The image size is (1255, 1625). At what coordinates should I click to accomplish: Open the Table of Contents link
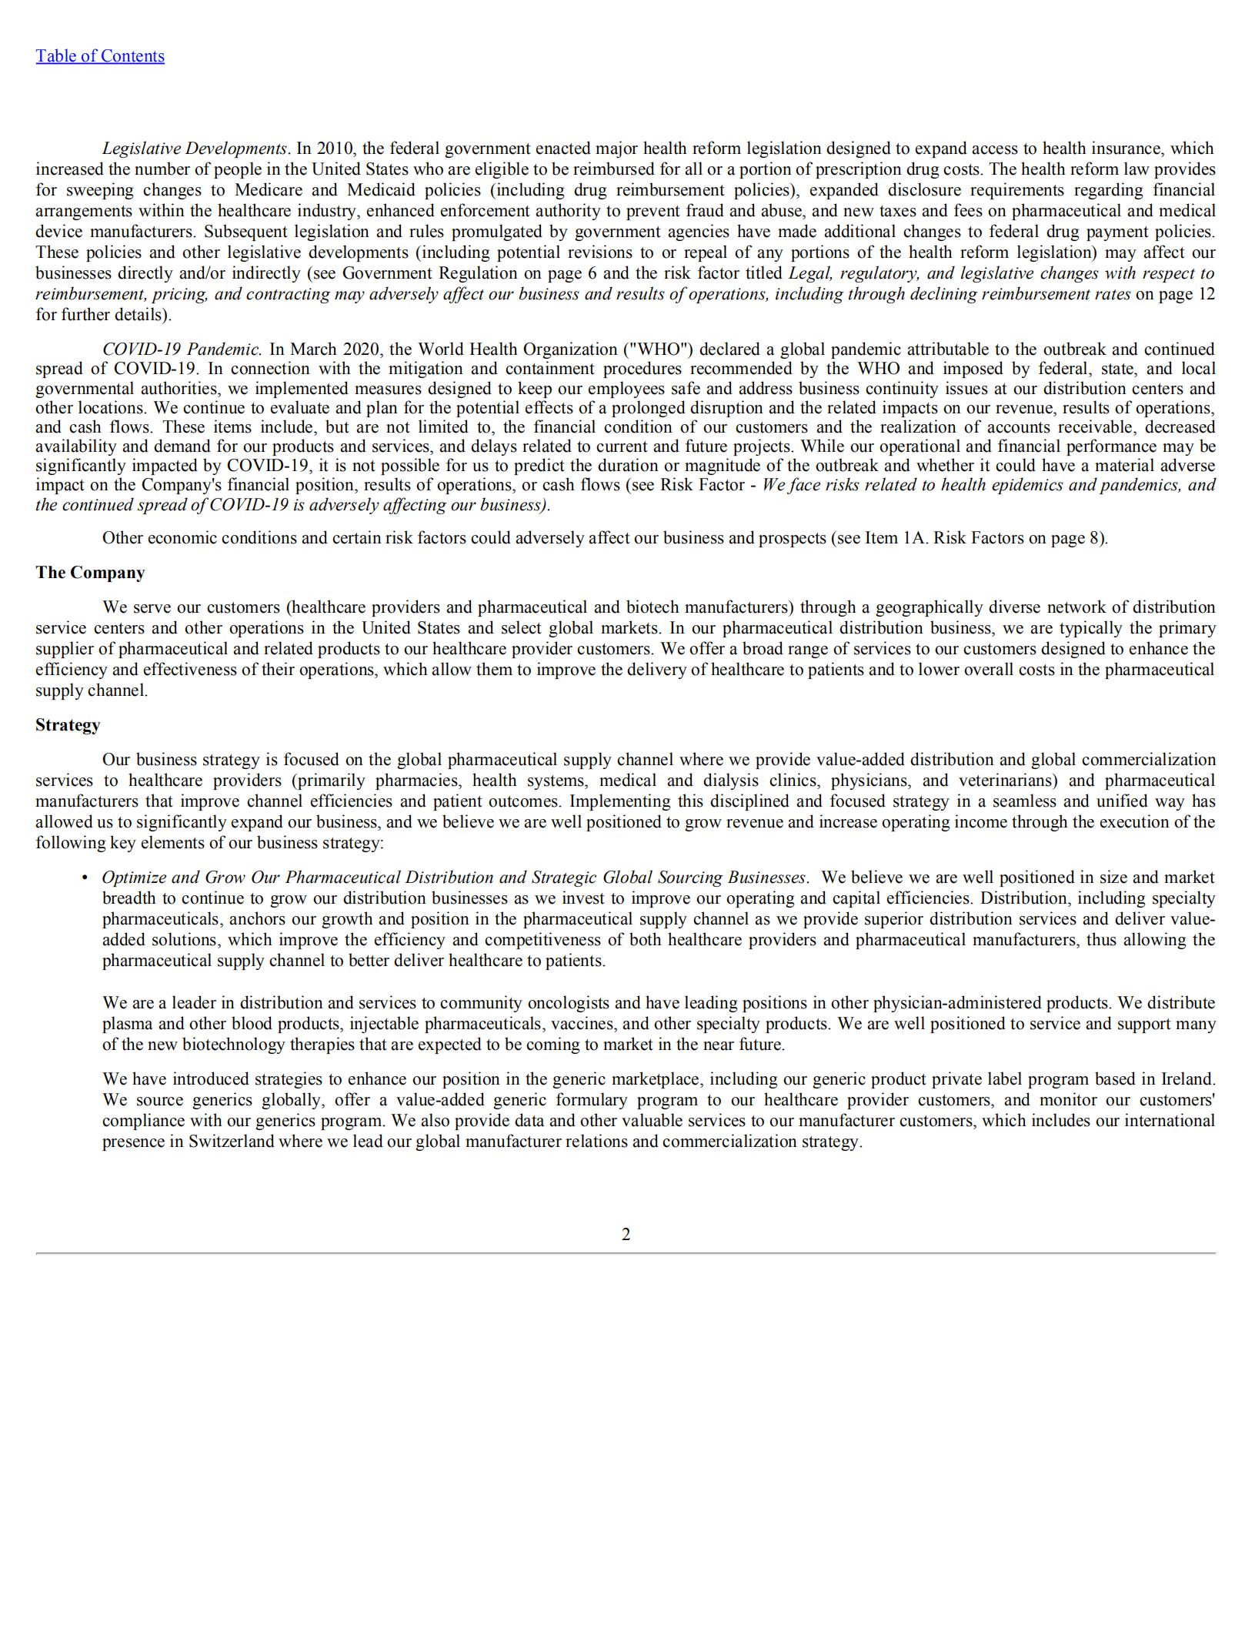(x=100, y=56)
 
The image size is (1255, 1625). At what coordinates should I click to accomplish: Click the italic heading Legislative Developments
(x=195, y=149)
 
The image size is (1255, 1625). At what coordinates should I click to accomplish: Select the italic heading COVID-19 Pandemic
(x=182, y=349)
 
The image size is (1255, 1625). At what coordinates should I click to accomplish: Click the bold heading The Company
(x=90, y=573)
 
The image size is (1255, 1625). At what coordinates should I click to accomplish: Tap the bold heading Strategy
(x=68, y=725)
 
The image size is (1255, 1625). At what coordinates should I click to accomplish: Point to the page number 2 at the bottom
(x=626, y=1235)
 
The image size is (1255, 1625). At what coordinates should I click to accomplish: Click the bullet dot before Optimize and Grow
(x=85, y=878)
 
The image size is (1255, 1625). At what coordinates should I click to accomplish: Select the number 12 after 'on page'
(x=1206, y=294)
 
